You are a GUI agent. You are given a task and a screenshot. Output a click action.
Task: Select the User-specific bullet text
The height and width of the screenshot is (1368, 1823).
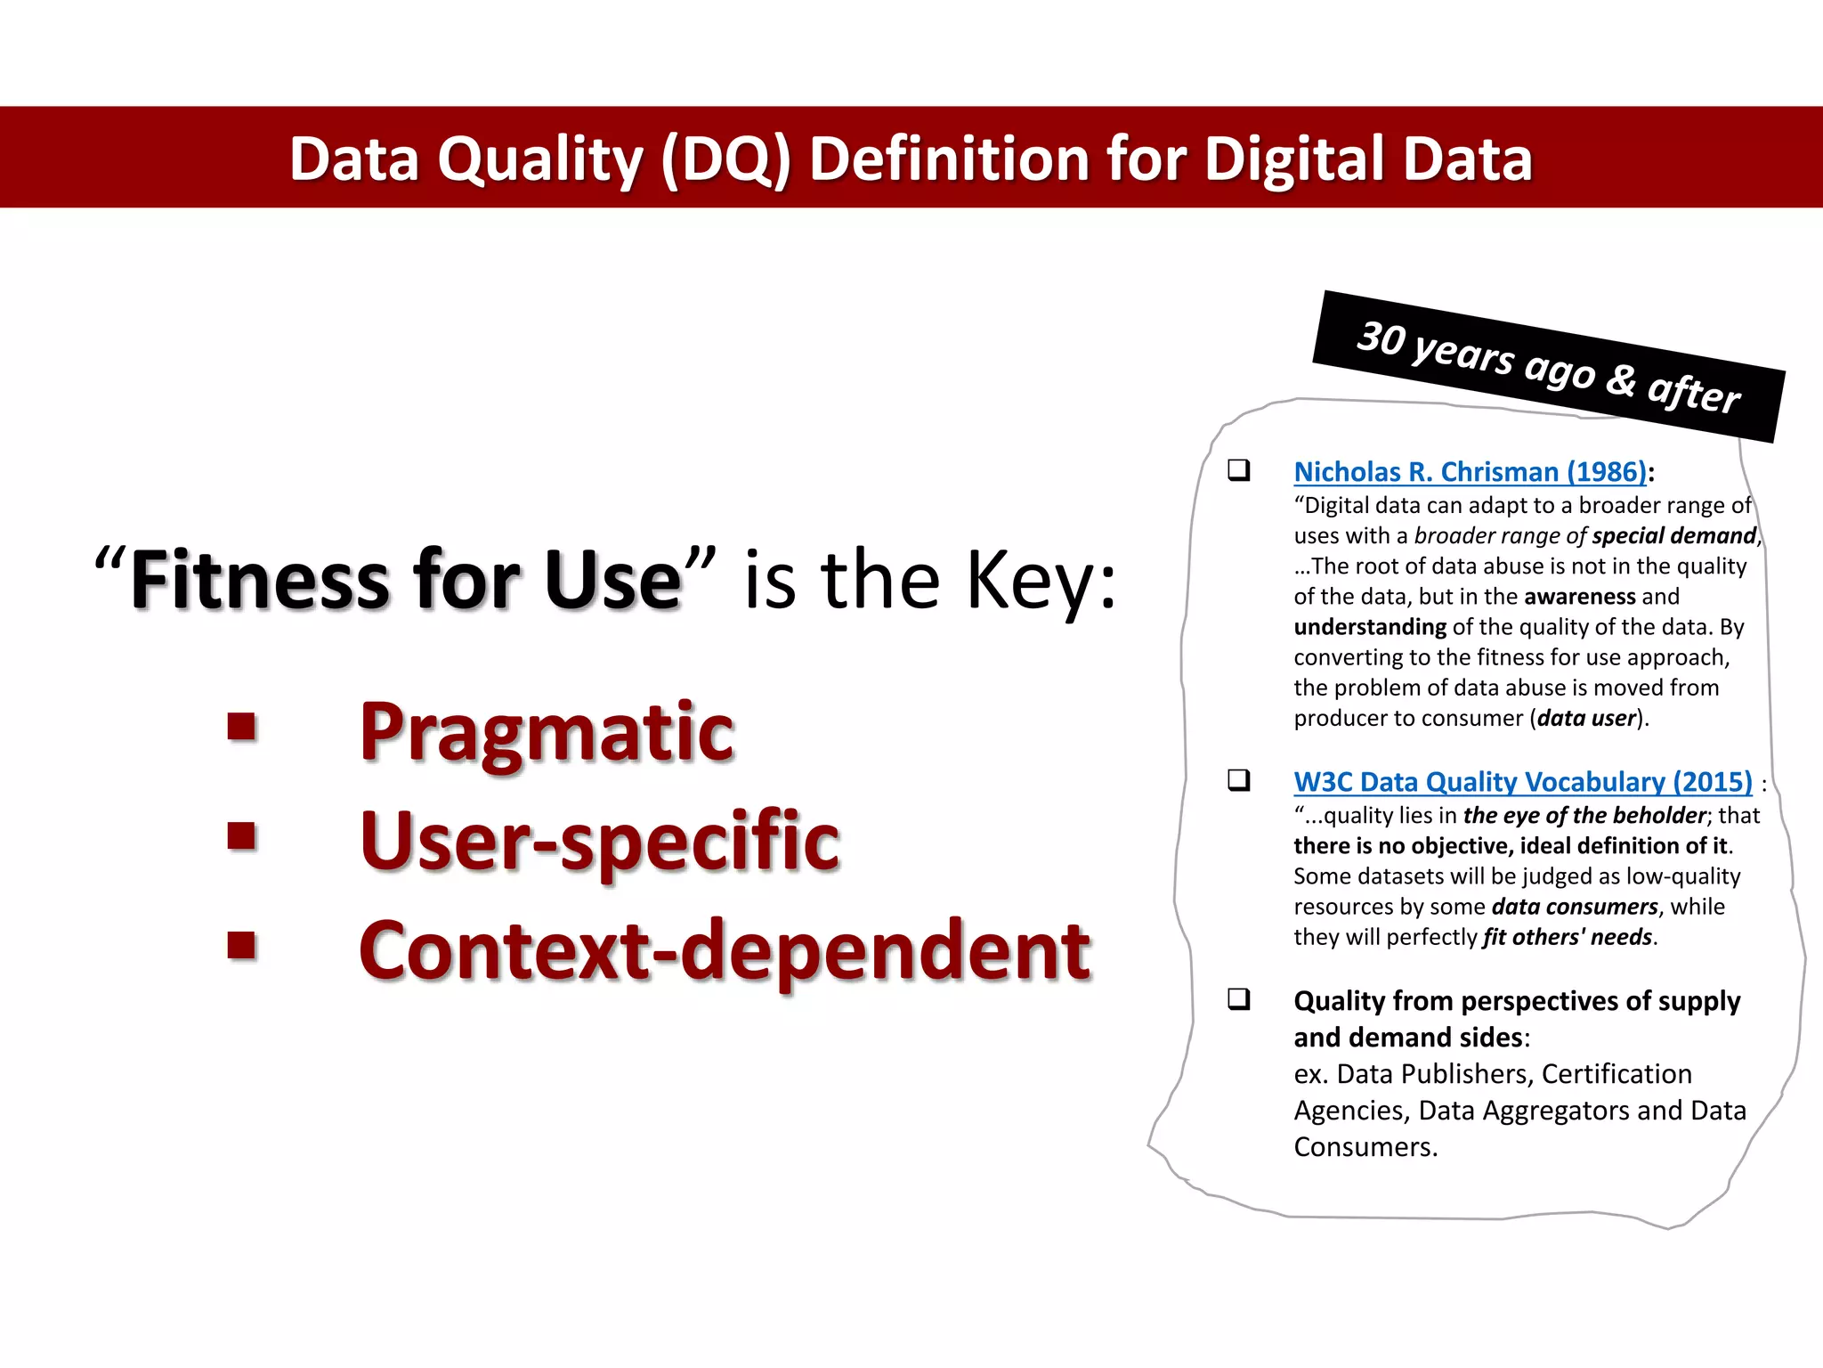(600, 841)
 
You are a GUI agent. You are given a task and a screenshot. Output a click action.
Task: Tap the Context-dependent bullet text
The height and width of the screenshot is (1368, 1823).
(725, 950)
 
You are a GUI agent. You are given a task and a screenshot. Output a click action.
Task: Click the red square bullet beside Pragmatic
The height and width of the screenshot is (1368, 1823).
(241, 727)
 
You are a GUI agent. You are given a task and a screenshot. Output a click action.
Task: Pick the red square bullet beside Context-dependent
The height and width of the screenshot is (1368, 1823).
(241, 945)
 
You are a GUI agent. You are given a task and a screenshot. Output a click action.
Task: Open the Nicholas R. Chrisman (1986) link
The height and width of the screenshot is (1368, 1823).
(1470, 471)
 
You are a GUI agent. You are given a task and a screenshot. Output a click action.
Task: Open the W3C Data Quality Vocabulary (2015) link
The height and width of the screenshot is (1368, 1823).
(1522, 781)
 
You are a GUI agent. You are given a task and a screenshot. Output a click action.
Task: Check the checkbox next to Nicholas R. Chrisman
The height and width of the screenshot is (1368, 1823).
(1238, 469)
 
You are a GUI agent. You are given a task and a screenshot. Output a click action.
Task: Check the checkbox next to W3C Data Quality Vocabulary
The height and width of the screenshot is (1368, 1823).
(1238, 780)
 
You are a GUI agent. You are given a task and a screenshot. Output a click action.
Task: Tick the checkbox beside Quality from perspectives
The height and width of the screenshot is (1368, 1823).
(1238, 998)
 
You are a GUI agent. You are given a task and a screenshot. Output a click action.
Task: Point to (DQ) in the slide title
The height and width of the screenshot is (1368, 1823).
(725, 160)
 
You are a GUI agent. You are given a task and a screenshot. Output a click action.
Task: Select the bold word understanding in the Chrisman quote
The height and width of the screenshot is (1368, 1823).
(1370, 627)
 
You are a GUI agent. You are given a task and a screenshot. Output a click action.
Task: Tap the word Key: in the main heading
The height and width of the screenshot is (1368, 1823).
(1041, 580)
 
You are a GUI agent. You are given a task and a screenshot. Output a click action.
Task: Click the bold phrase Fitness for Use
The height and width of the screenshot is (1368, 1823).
(406, 580)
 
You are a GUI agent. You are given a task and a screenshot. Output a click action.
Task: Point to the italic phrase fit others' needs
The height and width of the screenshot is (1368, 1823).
(1567, 937)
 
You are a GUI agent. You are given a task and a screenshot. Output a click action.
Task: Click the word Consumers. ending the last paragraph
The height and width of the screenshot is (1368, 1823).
(1365, 1147)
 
